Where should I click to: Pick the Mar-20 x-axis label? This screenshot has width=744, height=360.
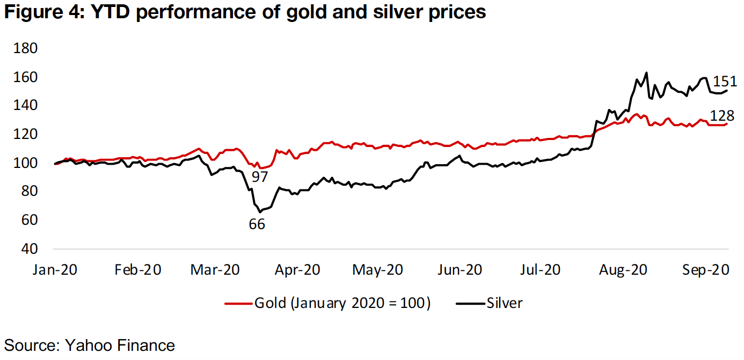(x=215, y=269)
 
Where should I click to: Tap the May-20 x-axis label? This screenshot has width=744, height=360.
(x=377, y=269)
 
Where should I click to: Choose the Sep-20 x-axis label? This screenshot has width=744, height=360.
(x=705, y=269)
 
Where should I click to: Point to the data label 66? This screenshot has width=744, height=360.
(x=257, y=224)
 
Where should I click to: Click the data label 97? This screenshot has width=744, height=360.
(x=260, y=177)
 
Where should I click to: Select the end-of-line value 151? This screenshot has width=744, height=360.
(x=725, y=82)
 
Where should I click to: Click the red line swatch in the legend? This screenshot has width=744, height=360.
(x=238, y=303)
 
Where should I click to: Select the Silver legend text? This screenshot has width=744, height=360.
(x=505, y=303)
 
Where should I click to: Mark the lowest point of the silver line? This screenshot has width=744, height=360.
(x=260, y=212)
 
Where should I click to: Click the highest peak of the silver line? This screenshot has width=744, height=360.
(x=646, y=72)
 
